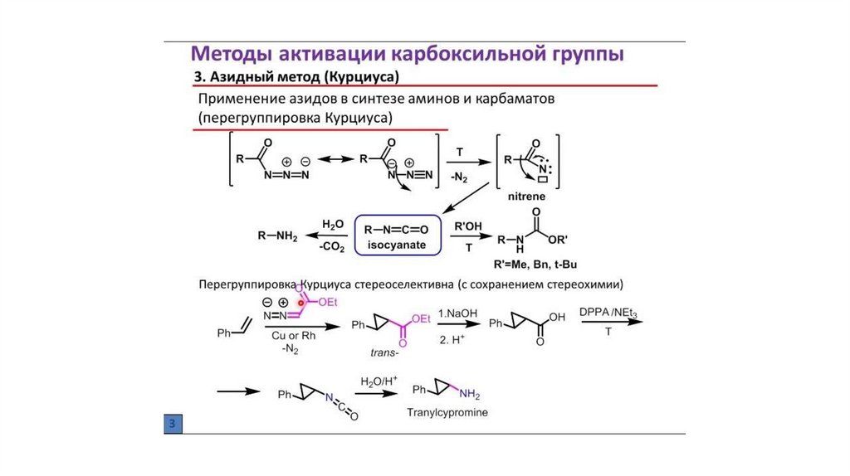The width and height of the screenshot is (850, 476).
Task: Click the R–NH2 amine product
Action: point(276,236)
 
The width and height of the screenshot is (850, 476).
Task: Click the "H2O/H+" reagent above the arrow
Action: point(379,381)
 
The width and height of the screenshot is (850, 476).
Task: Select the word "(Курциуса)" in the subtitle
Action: point(363,78)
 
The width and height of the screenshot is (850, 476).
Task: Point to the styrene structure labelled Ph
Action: point(230,330)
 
